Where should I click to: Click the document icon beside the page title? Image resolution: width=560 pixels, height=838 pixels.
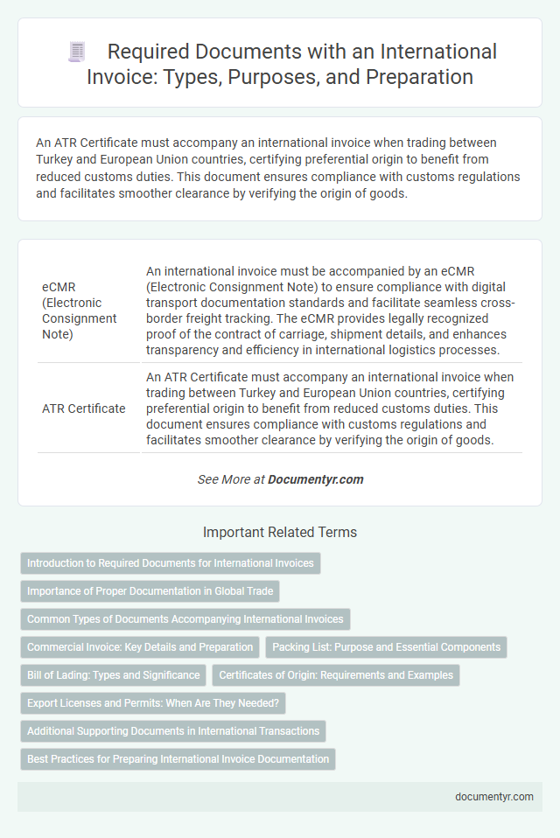coord(77,52)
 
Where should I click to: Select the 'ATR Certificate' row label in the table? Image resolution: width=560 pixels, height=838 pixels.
coord(83,408)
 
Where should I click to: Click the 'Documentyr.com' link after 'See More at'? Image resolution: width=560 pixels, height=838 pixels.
coord(315,479)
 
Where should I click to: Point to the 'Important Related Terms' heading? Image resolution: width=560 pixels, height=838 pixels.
coord(280,532)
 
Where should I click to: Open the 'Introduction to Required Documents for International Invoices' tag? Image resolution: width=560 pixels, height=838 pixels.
coord(171,563)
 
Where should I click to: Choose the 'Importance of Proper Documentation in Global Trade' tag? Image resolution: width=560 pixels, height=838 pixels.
coord(150,591)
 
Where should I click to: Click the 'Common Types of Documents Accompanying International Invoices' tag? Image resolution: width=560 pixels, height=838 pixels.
coord(185,619)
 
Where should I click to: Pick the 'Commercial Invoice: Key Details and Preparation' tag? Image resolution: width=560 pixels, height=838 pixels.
coord(139,647)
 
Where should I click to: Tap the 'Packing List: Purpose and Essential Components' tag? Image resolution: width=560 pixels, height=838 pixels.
coord(386,647)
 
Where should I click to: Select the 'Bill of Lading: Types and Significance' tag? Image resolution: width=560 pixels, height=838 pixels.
coord(113,675)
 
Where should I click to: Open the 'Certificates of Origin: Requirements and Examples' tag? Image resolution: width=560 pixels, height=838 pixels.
coord(336,675)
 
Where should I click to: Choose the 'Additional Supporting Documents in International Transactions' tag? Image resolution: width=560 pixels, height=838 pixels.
coord(174,731)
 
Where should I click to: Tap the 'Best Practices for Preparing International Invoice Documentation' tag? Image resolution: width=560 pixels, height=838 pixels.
coord(178,759)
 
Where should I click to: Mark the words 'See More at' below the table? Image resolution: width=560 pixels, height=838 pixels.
coord(230,479)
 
